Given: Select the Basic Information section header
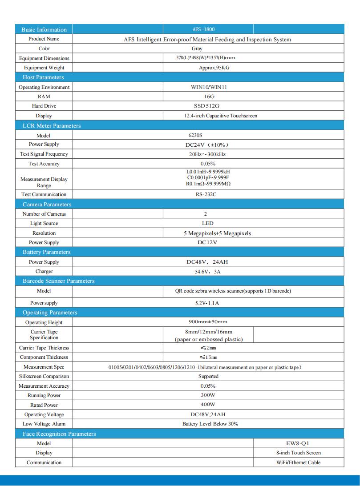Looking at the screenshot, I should [x=44, y=30].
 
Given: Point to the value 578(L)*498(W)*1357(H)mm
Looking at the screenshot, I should [x=206, y=58].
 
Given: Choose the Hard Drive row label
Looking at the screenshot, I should [x=44, y=106].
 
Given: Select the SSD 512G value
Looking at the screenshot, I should [x=207, y=106].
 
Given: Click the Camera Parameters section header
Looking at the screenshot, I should [x=47, y=205].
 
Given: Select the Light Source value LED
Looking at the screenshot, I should [x=207, y=223].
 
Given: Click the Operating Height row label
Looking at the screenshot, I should [x=44, y=322].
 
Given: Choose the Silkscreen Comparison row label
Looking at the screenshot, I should [x=44, y=376].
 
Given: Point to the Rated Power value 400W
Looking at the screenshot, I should [x=208, y=405].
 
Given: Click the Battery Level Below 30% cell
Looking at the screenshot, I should [x=210, y=424].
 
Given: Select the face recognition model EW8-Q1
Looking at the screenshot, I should [x=298, y=443].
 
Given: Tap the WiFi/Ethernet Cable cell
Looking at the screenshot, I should [x=298, y=462].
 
